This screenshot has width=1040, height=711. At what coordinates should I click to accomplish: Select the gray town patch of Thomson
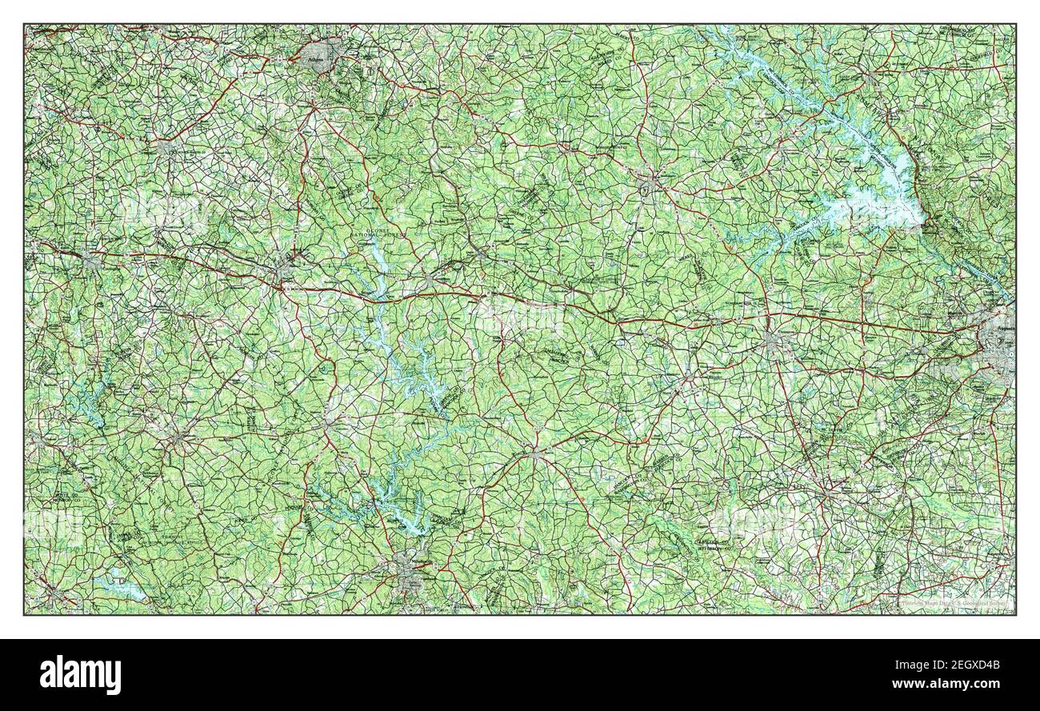click(771, 342)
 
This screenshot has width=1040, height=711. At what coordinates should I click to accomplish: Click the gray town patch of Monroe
click(166, 148)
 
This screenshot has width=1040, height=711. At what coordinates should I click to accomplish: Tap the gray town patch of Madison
click(286, 264)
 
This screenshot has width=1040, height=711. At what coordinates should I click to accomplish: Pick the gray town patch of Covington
click(90, 261)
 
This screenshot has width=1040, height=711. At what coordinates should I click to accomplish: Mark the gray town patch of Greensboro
click(432, 280)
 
